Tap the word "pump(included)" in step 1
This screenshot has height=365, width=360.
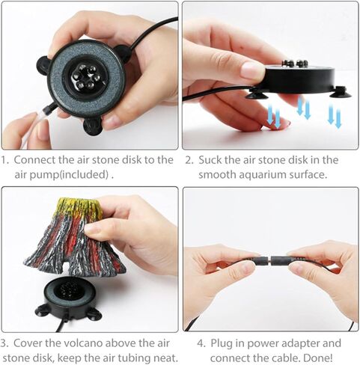tap(69, 174)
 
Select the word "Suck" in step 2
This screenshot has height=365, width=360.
tap(209, 160)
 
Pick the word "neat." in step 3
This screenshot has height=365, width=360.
tap(165, 358)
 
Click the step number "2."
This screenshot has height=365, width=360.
tap(189, 160)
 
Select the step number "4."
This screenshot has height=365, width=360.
tap(201, 343)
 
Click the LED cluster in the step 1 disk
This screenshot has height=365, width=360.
tap(85, 77)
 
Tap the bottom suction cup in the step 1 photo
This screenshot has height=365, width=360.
tap(93, 126)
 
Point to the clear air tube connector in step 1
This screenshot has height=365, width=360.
tap(47, 110)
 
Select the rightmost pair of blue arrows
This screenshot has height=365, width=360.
tap(335, 117)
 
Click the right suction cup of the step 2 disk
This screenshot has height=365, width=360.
tap(341, 92)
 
